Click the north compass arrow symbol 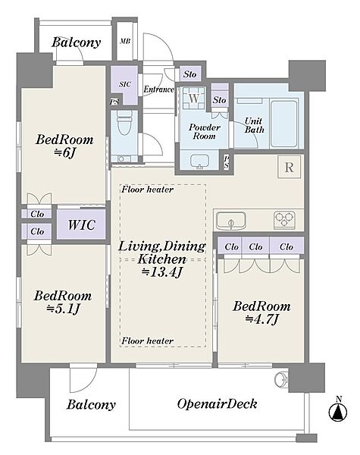point(338,411)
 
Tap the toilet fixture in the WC point(125,122)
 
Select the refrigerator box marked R point(289,167)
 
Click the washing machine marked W point(194,98)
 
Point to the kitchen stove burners point(284,220)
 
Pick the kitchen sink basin point(231,221)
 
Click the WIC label point(82,225)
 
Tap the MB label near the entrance point(125,41)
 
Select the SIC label point(125,84)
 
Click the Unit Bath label point(254,125)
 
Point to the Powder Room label point(205,131)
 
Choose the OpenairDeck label point(218,404)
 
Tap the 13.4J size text point(162,272)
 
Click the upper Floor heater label point(147,190)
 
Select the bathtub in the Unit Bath point(284,123)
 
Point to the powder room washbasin point(199,161)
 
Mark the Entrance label point(159,89)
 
